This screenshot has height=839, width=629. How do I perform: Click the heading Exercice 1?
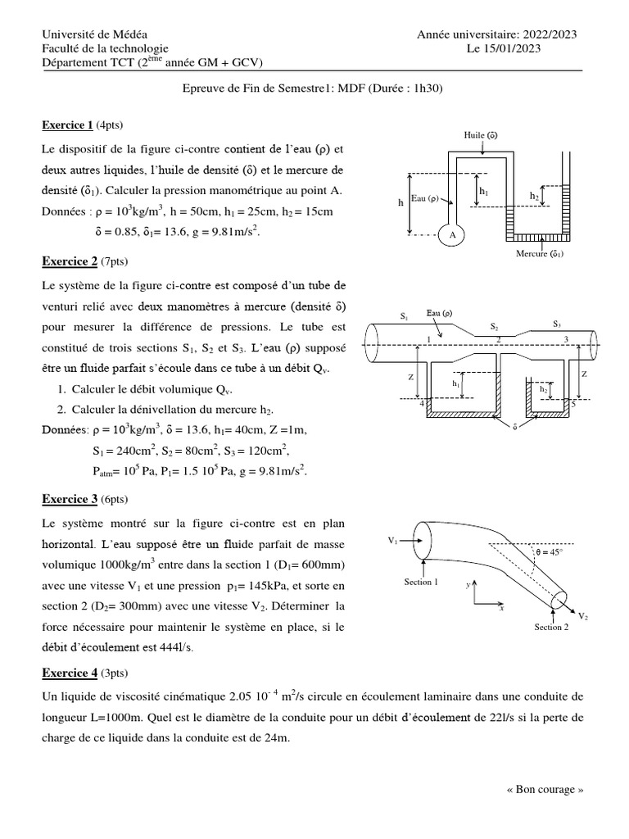click(x=67, y=125)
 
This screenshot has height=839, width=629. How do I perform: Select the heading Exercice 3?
click(x=70, y=499)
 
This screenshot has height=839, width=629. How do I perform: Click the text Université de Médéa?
click(x=95, y=34)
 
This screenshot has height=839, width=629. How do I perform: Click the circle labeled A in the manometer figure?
click(x=450, y=235)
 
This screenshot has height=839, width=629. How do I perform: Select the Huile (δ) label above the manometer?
click(x=481, y=134)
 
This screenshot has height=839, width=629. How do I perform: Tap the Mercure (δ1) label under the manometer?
click(x=540, y=254)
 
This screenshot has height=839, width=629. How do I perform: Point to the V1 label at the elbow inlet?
click(x=393, y=541)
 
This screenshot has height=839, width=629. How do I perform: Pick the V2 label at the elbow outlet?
click(x=582, y=615)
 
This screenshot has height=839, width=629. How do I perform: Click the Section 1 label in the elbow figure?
click(x=421, y=582)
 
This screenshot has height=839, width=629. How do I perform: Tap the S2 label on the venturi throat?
click(x=494, y=326)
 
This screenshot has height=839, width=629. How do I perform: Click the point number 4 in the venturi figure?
click(x=422, y=402)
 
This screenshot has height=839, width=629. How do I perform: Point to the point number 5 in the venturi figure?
click(x=573, y=403)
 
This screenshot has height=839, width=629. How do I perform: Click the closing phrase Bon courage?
click(x=545, y=790)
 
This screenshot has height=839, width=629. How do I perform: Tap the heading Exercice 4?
click(x=70, y=673)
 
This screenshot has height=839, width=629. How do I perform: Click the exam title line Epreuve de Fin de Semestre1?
click(x=314, y=89)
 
